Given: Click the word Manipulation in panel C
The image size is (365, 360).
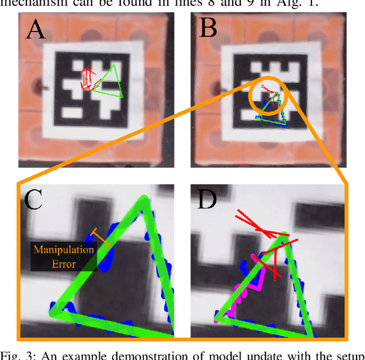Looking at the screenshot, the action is tap(64, 249).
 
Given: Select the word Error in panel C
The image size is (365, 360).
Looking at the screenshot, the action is tap(64, 264).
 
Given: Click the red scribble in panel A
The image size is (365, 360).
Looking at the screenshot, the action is tap(87, 80).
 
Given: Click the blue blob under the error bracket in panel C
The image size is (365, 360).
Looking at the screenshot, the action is tap(108, 251).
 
